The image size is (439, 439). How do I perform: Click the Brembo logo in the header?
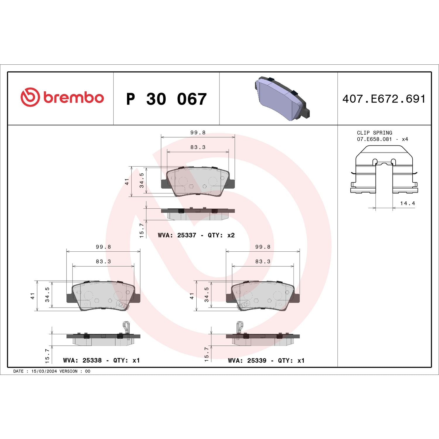pyautogui.click(x=62, y=97)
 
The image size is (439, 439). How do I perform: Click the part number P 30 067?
pyautogui.click(x=166, y=99)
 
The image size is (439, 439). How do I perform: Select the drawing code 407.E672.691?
pyautogui.click(x=384, y=99)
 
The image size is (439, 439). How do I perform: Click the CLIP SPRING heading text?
pyautogui.click(x=374, y=133)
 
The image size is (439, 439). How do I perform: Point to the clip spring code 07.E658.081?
pyautogui.click(x=374, y=139)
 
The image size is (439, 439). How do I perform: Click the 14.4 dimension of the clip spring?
pyautogui.click(x=407, y=203)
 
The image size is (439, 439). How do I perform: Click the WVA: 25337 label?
pyautogui.click(x=177, y=235)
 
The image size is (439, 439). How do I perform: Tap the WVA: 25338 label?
pyautogui.click(x=82, y=360)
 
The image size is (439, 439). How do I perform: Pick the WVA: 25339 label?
pyautogui.click(x=247, y=360)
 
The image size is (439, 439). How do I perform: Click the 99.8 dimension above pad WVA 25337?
pyautogui.click(x=198, y=133)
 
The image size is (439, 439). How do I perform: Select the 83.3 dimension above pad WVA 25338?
pyautogui.click(x=103, y=261)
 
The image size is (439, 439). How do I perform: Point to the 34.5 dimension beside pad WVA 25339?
pyautogui.click(x=207, y=294)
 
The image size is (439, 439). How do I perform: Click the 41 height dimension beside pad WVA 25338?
pyautogui.click(x=32, y=296)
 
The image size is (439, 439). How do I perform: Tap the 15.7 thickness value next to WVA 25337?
pyautogui.click(x=142, y=230)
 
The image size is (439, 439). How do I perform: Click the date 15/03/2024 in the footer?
pyautogui.click(x=44, y=371)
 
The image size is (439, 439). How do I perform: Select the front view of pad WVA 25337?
pyautogui.click(x=198, y=181)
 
